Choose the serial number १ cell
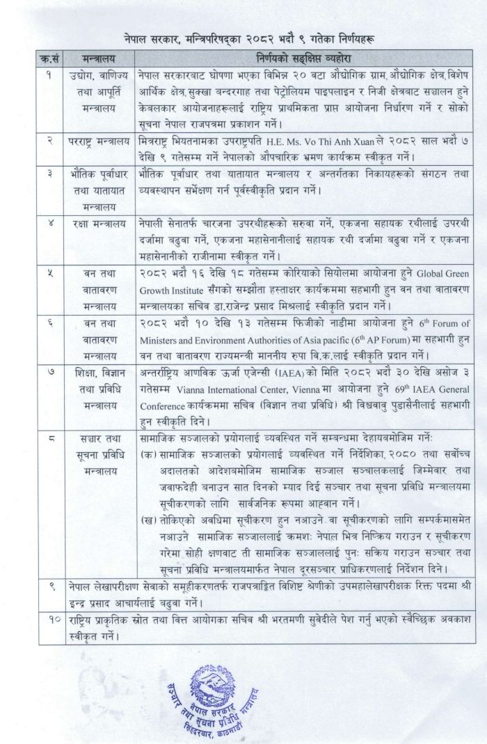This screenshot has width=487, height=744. pyautogui.click(x=52, y=75)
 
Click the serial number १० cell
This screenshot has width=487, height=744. pyautogui.click(x=52, y=618)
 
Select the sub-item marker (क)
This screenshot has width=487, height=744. pyautogui.click(x=147, y=454)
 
